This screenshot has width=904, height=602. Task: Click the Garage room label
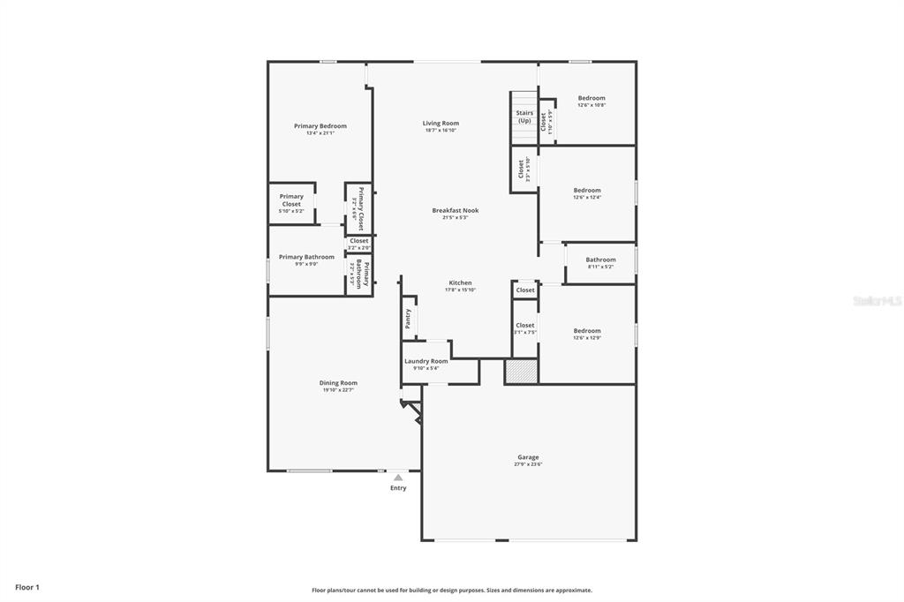coord(528,457)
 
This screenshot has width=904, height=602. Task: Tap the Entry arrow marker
coord(398,478)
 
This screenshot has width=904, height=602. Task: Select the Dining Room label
coord(338,383)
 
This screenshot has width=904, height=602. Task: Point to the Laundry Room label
coord(426,361)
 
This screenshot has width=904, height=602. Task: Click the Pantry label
coord(408,319)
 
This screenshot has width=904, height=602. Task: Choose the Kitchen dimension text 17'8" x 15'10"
coord(460,290)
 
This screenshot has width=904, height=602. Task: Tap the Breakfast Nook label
coord(455,210)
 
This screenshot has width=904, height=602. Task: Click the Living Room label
coord(441,124)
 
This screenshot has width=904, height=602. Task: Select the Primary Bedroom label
coord(320,126)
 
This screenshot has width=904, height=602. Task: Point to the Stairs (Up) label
coord(524,117)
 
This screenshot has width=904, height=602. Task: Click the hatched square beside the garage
coord(521,371)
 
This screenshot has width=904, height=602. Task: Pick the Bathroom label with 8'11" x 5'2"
coord(600,260)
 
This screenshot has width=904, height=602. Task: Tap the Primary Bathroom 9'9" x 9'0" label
coord(306,257)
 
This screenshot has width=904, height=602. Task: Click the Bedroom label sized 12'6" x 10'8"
coord(591,98)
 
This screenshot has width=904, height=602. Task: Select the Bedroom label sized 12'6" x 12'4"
coord(587,191)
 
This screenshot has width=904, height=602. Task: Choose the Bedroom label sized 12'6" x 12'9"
coord(587,331)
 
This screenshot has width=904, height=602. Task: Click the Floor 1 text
coord(27,587)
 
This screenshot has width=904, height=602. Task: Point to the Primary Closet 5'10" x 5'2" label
coord(291,200)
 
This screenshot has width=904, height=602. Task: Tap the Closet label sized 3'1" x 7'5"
coord(524,326)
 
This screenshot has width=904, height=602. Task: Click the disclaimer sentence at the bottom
coord(451,591)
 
